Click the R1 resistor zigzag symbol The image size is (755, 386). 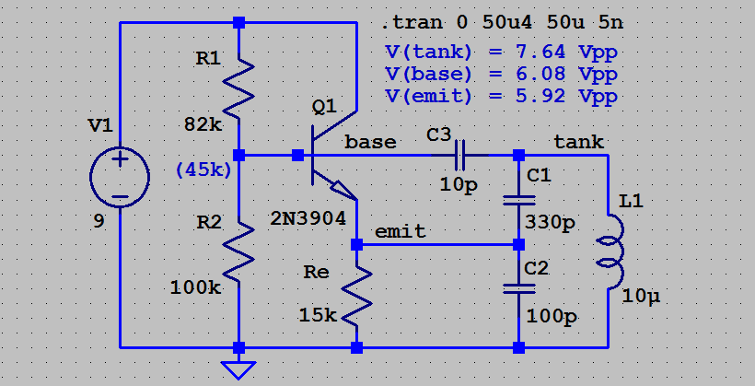[x=238, y=88]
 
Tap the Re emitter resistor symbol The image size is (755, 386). [x=356, y=297]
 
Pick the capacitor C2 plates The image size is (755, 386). [x=518, y=288]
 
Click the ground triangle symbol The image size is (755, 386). [x=238, y=370]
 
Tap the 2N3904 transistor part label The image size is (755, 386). [x=308, y=218]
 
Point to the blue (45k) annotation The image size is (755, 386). [x=203, y=169]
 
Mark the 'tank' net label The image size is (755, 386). [x=578, y=141]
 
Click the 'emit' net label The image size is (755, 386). [x=401, y=231]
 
